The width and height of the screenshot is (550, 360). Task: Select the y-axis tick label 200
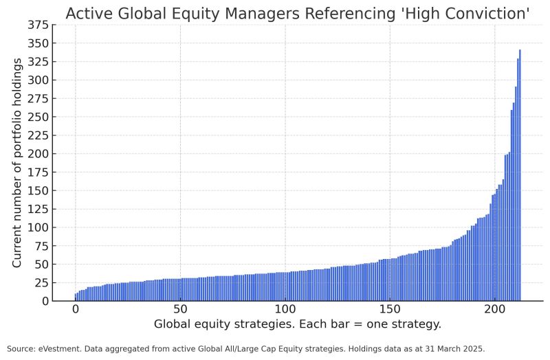(38, 154)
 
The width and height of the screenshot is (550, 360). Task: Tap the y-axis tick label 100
(38, 227)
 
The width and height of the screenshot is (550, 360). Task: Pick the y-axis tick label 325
(38, 62)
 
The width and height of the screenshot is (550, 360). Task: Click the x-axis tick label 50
(180, 309)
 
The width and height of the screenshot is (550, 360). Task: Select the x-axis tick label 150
(389, 309)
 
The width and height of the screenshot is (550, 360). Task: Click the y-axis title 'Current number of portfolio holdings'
(18, 163)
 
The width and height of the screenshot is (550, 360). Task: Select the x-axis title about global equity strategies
(297, 324)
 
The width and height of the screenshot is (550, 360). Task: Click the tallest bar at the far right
(520, 176)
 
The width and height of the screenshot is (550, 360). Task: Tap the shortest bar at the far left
(76, 297)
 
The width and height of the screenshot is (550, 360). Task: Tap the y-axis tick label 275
(38, 98)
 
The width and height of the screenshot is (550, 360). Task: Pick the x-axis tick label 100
(285, 309)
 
